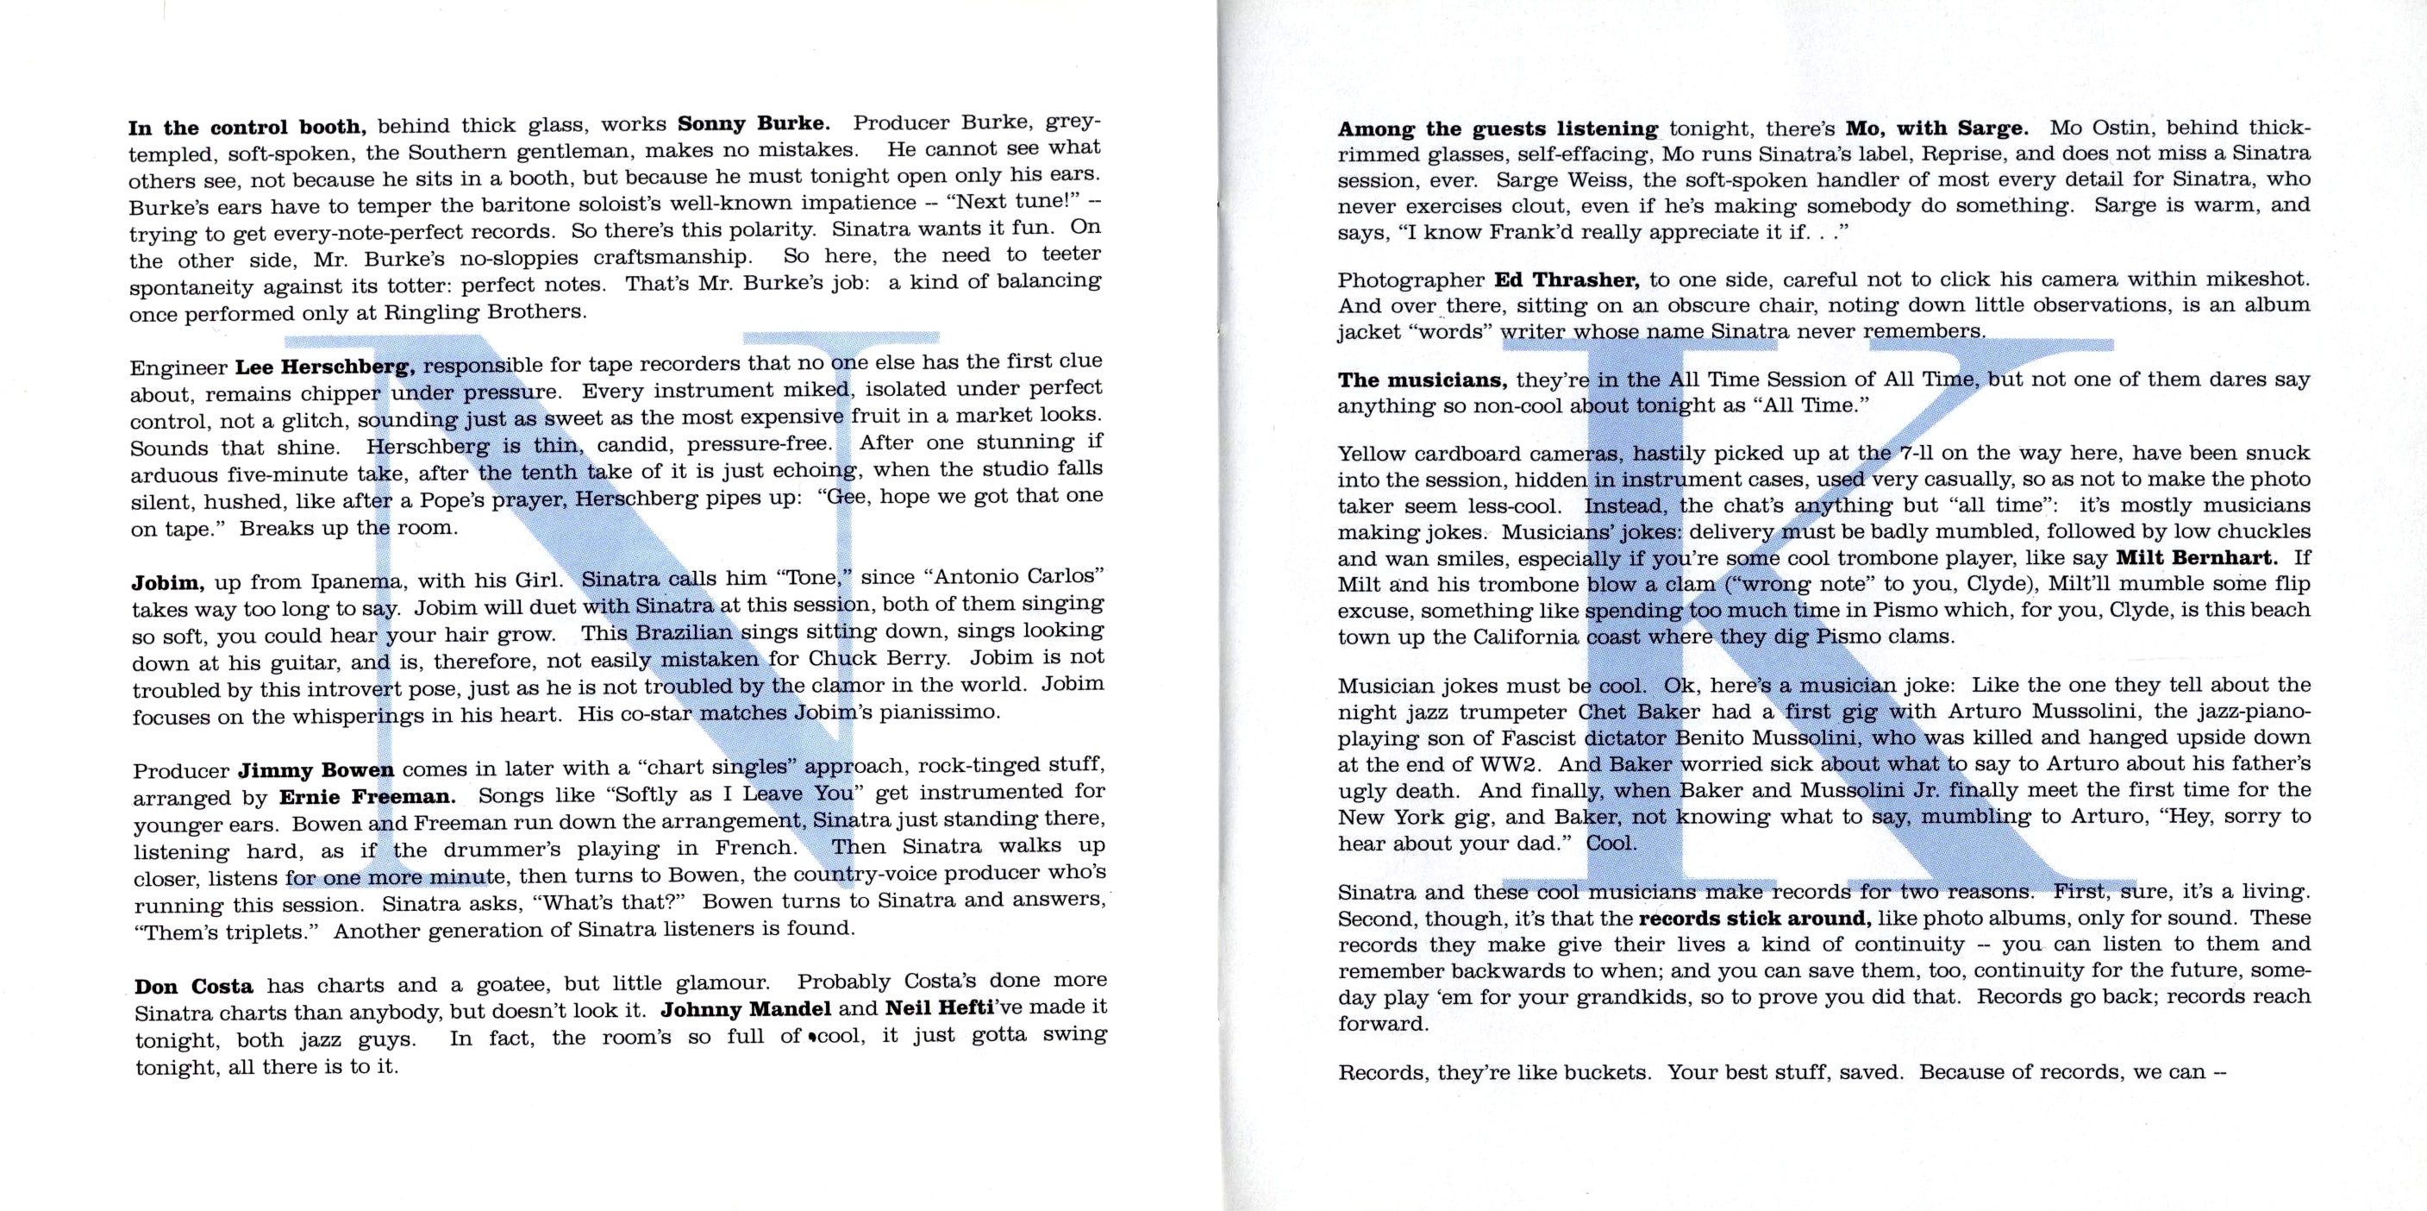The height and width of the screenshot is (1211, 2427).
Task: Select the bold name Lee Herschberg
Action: [x=325, y=367]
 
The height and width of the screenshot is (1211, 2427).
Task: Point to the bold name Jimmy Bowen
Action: [x=316, y=769]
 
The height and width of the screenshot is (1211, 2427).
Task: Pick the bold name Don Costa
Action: [x=193, y=987]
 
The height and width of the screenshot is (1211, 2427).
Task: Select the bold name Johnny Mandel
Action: [x=745, y=1009]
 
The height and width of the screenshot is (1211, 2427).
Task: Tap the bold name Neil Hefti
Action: [x=940, y=1007]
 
